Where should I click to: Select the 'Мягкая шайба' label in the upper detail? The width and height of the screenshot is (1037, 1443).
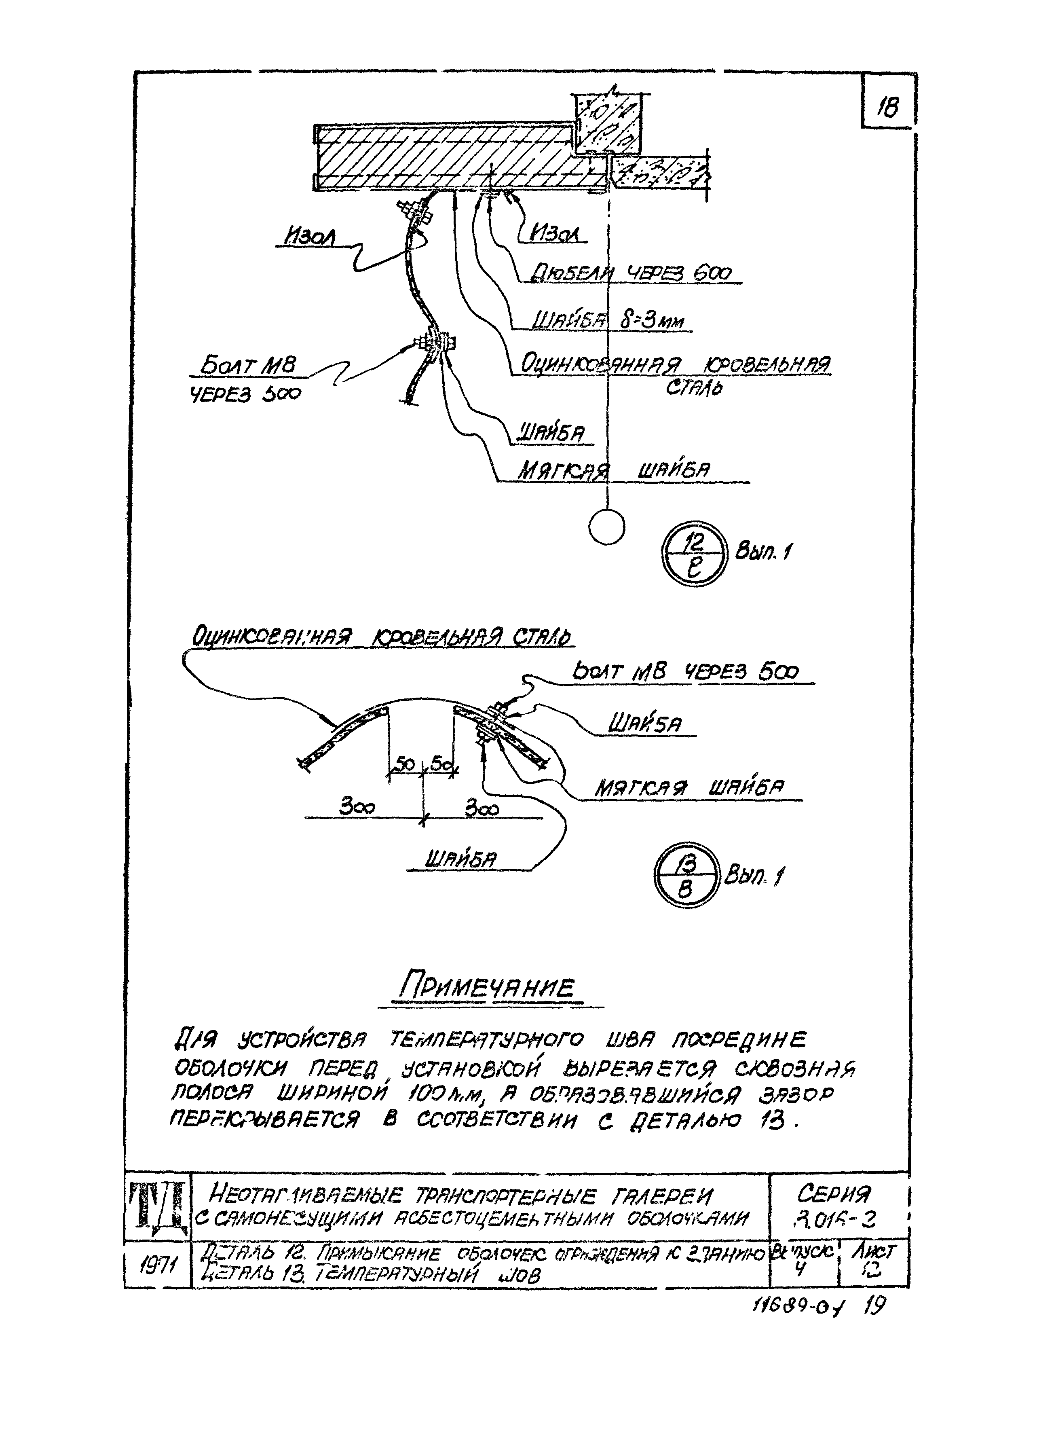click(614, 470)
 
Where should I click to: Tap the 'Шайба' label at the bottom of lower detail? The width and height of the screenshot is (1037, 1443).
click(460, 860)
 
